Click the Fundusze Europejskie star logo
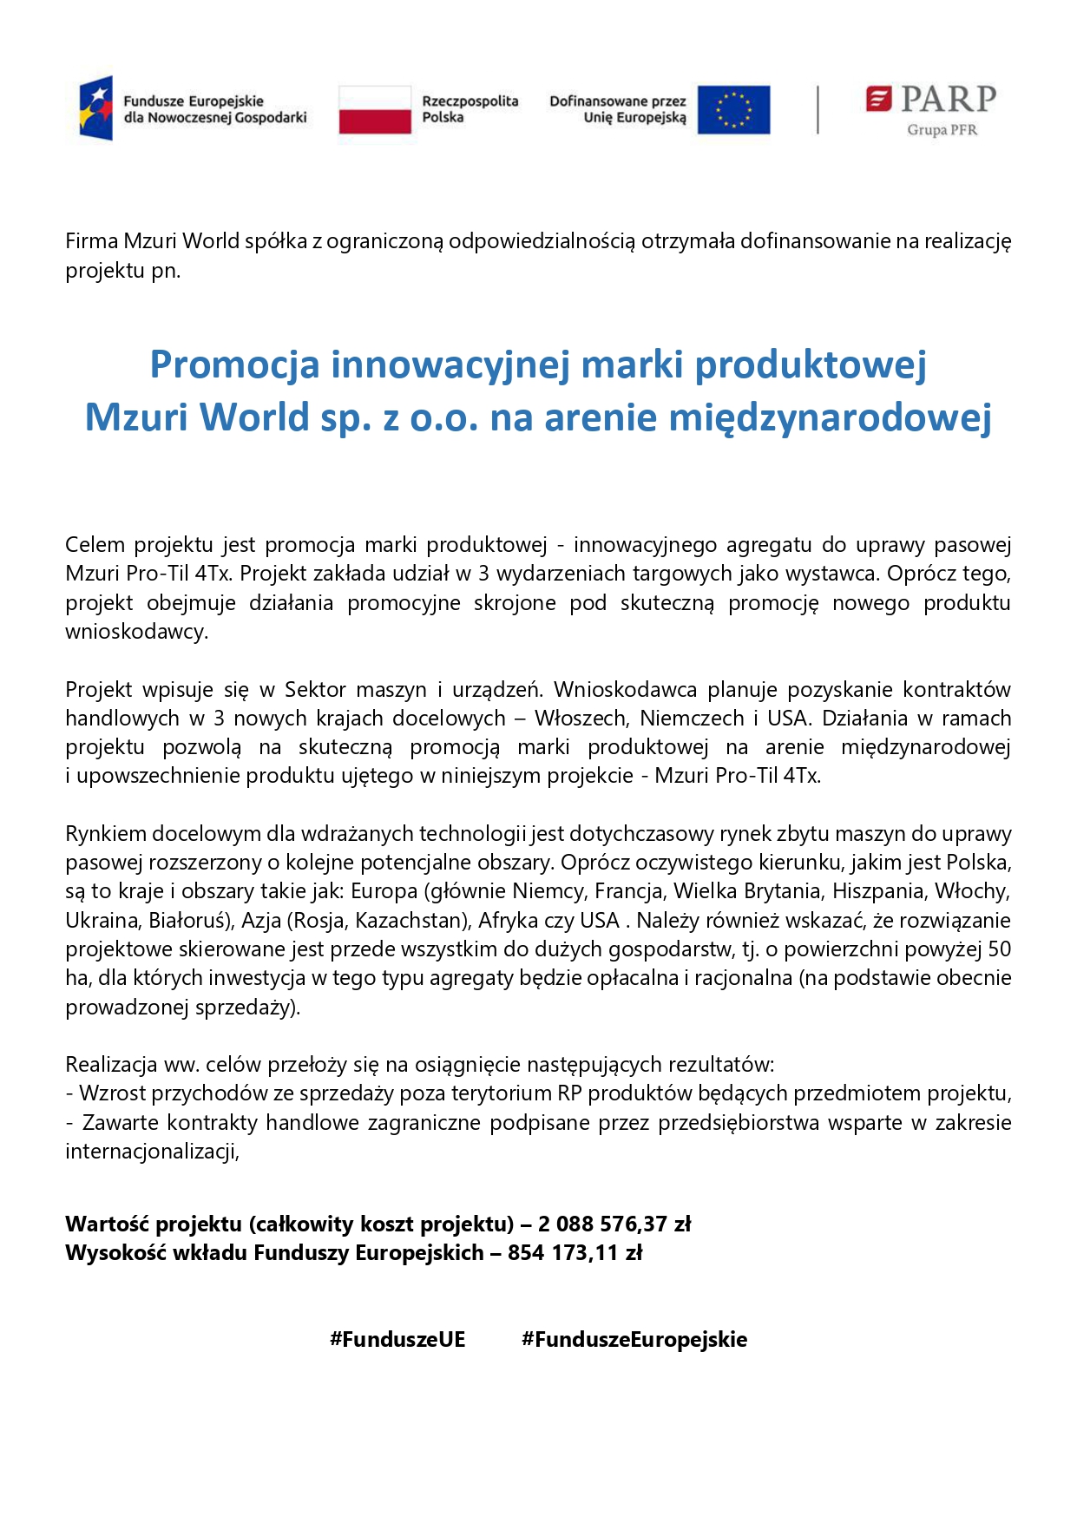(95, 108)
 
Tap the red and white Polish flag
(374, 109)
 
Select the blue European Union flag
(732, 109)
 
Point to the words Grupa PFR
(942, 130)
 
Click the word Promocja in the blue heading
(234, 364)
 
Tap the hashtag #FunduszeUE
(397, 1339)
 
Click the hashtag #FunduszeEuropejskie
(634, 1339)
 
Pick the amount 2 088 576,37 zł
(614, 1224)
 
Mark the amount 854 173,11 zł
(575, 1252)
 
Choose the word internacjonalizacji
(151, 1152)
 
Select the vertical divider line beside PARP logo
(818, 109)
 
